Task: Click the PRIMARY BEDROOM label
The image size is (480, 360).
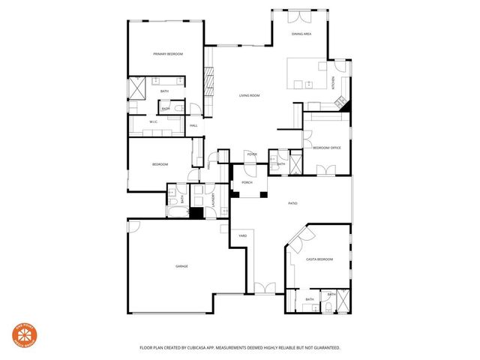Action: pos(168,54)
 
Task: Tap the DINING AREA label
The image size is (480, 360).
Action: pos(302,34)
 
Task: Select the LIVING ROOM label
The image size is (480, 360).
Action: pos(249,95)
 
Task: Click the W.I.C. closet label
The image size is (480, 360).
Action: pos(153,121)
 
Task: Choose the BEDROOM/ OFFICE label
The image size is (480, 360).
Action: pos(326,148)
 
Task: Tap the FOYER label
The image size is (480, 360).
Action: pos(250,155)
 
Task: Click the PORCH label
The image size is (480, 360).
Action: pos(247,182)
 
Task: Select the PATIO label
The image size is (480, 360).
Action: pos(293,203)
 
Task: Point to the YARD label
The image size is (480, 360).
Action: pos(243,235)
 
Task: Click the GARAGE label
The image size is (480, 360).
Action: pos(181,266)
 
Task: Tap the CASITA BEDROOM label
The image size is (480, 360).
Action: pos(319,259)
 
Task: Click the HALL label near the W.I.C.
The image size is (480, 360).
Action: pos(193,125)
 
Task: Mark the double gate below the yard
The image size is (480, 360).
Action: pos(264,287)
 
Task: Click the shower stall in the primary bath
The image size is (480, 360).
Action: pos(139,88)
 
